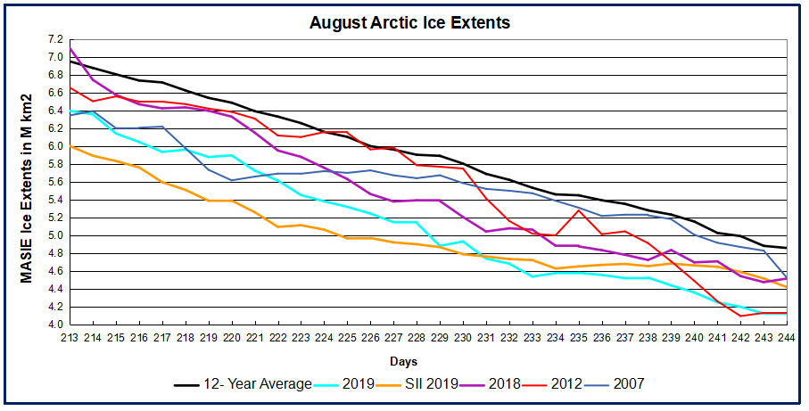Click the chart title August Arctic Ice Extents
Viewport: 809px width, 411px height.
[409, 23]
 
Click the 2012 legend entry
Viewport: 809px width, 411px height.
[565, 384]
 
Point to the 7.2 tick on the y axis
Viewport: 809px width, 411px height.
[54, 40]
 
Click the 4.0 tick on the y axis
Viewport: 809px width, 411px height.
[54, 325]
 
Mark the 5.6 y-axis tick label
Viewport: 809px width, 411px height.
[54, 182]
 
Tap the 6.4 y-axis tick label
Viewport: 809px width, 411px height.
[54, 111]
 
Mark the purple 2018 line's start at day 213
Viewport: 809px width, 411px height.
[70, 48]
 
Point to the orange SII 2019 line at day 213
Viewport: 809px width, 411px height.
[70, 146]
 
